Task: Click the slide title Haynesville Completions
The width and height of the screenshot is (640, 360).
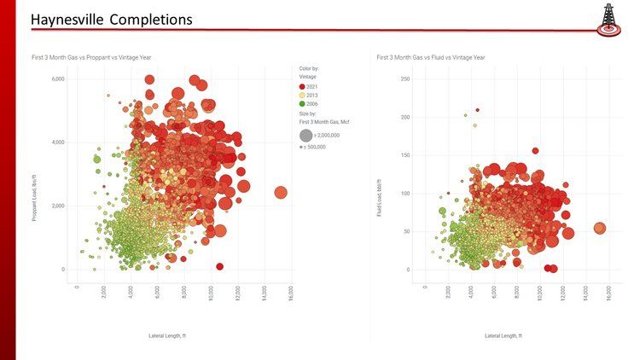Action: click(111, 19)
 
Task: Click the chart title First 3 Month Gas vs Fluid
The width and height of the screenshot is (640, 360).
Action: click(431, 57)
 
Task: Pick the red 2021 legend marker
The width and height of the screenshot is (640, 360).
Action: click(303, 87)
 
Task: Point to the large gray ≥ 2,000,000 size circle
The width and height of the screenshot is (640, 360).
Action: click(305, 136)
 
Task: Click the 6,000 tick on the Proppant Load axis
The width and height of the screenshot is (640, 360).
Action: click(57, 78)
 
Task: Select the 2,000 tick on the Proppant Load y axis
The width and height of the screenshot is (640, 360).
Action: click(57, 206)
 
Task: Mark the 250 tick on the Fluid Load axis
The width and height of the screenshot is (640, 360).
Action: click(406, 78)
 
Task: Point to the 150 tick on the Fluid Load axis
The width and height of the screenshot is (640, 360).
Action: click(406, 155)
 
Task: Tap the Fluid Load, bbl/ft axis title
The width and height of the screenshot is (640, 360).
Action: click(380, 197)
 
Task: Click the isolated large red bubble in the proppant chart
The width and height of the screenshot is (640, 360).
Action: click(281, 193)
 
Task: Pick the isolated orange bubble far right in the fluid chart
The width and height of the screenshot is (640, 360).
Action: click(600, 229)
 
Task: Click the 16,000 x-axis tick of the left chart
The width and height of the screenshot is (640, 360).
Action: click(291, 293)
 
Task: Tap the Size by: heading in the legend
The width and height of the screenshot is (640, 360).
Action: click(309, 113)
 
